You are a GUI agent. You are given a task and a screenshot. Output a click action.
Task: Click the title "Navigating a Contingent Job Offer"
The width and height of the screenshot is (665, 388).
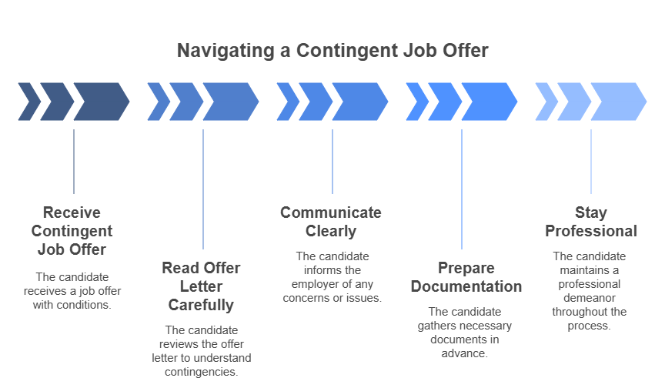pos(332,51)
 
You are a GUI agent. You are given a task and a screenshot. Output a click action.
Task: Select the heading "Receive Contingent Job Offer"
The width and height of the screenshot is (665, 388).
pos(72,231)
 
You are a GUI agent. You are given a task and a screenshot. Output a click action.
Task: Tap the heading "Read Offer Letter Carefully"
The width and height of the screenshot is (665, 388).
pos(201,286)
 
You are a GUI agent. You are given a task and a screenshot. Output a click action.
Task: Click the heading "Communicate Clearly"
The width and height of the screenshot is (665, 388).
pos(330,222)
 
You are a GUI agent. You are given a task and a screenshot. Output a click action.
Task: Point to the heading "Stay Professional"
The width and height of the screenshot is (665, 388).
pos(590,222)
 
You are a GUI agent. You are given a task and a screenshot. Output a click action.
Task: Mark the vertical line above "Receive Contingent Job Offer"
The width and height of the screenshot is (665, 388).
pos(74,162)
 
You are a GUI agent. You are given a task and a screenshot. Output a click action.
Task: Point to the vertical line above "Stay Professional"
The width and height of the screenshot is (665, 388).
pos(591,162)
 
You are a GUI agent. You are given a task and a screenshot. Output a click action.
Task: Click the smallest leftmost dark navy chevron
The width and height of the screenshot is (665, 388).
pos(29,102)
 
